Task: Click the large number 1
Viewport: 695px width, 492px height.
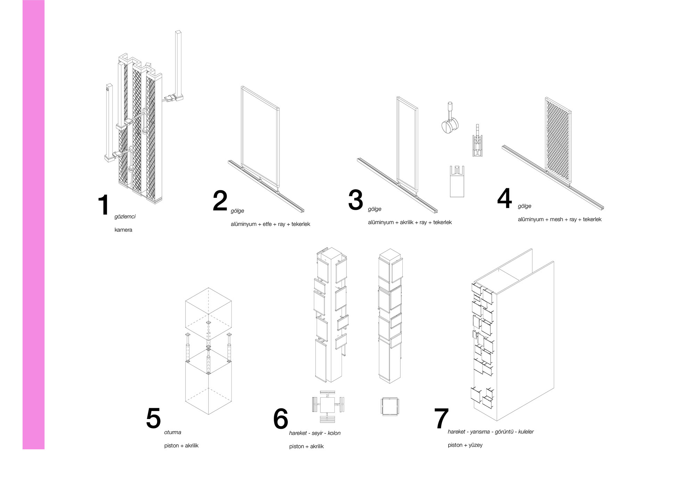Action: (104, 205)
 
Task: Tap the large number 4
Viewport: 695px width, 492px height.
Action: (504, 198)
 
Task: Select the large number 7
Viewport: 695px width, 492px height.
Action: (441, 419)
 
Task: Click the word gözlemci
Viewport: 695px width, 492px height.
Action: (125, 216)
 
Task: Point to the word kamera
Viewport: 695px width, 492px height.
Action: (123, 230)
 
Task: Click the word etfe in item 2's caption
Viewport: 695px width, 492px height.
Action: (267, 224)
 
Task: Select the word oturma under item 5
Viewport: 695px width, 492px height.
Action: (173, 432)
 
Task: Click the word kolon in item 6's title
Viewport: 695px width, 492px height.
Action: (334, 433)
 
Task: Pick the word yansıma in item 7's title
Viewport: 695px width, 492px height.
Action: (480, 432)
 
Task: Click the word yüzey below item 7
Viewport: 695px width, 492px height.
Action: (475, 445)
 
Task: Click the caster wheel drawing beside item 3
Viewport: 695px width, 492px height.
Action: (450, 120)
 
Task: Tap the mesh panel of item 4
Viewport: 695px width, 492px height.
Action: (558, 139)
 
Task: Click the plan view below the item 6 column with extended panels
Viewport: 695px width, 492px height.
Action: (328, 405)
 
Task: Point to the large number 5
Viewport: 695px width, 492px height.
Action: (153, 418)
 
